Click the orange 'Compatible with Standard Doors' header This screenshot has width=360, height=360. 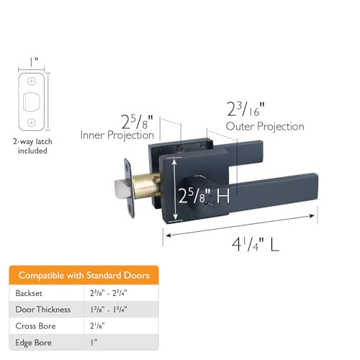pyautogui.click(x=84, y=275)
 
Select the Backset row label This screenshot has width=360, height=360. pyautogui.click(x=29, y=293)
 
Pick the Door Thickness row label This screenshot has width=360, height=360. pyautogui.click(x=43, y=310)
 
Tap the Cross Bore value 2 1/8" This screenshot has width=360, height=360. pyautogui.click(x=97, y=326)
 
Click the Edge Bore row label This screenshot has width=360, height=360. pyautogui.click(x=33, y=343)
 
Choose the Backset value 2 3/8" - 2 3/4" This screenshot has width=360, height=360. pyautogui.click(x=109, y=293)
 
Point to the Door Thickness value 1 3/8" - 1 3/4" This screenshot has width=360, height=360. pyautogui.click(x=109, y=310)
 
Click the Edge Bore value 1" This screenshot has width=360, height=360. pyautogui.click(x=94, y=343)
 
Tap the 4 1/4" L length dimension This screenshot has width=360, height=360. pyautogui.click(x=256, y=244)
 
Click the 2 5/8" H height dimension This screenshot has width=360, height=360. pyautogui.click(x=204, y=196)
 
